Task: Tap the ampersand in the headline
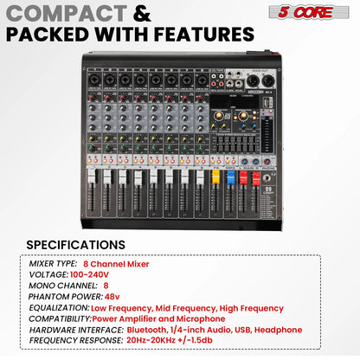pos(144,14)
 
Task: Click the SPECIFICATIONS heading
pos(75,245)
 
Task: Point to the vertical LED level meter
pos(273,125)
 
